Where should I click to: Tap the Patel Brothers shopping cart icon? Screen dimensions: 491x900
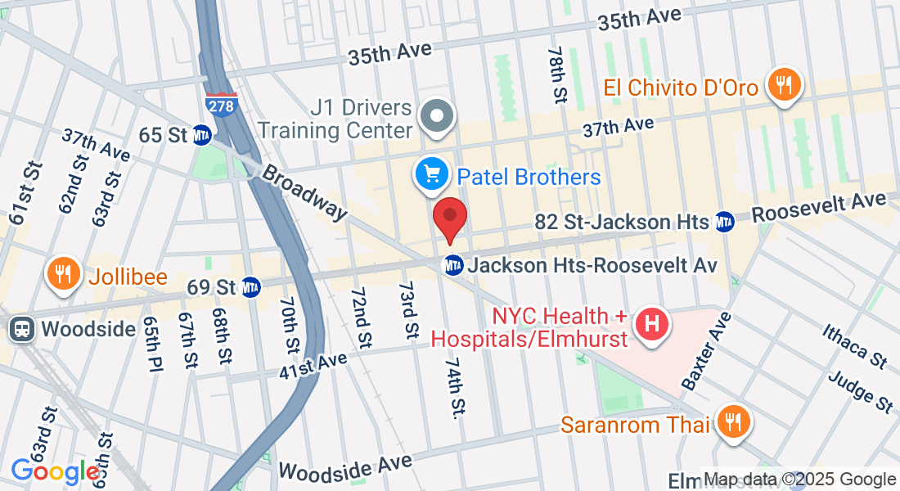point(430,173)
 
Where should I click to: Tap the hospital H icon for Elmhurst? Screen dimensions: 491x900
point(652,322)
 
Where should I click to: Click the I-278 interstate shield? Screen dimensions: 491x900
point(221,104)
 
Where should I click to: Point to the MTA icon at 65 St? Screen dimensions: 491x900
point(202,134)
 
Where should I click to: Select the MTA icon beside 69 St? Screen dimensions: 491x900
point(250,287)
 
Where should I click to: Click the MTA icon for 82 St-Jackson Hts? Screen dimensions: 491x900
point(723,221)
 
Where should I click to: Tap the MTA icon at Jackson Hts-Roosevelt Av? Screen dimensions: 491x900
point(452,265)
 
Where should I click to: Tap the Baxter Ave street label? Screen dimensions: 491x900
point(704,350)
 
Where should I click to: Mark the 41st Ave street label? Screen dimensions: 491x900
point(312,364)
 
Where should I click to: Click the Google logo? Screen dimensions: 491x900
point(55,471)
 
